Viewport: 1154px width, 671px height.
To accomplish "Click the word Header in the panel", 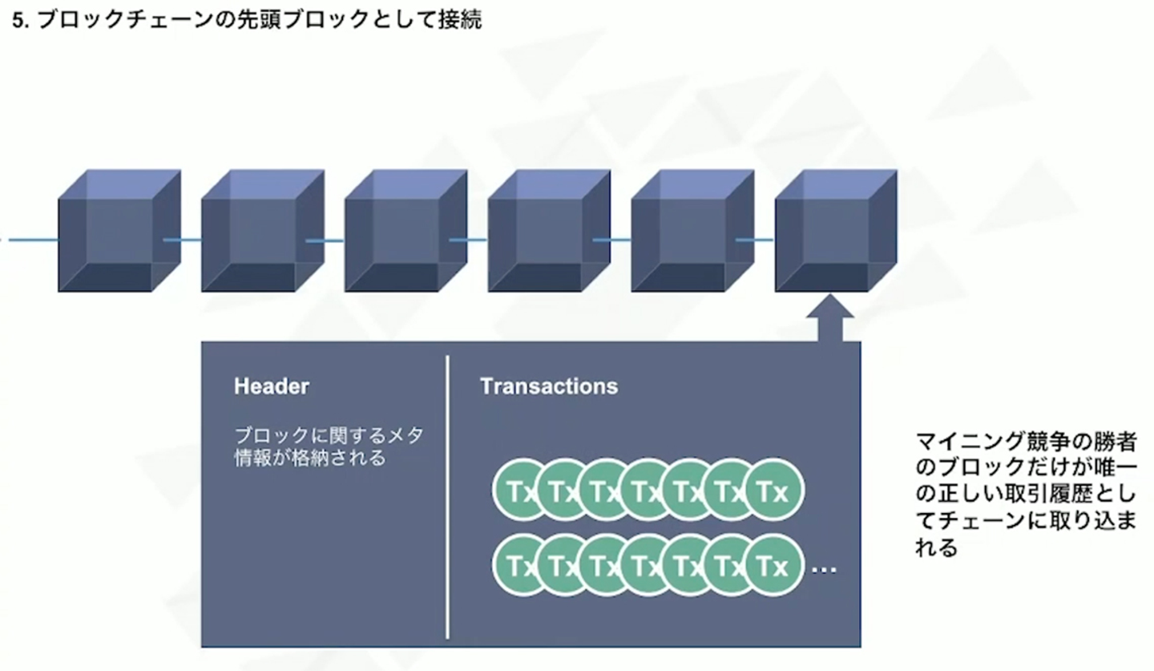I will [271, 386].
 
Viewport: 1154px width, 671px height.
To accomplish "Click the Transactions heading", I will [549, 386].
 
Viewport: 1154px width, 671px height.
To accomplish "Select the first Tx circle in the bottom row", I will [517, 567].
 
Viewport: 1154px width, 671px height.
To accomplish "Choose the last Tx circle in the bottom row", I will [773, 567].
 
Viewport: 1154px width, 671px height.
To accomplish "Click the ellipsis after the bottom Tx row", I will [824, 570].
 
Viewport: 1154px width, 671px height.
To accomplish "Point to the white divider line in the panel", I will [447, 497].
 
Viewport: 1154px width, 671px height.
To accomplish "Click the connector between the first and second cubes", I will [183, 240].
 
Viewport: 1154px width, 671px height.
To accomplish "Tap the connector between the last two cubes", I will [755, 240].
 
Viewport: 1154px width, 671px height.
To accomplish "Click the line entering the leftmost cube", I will [29, 240].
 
